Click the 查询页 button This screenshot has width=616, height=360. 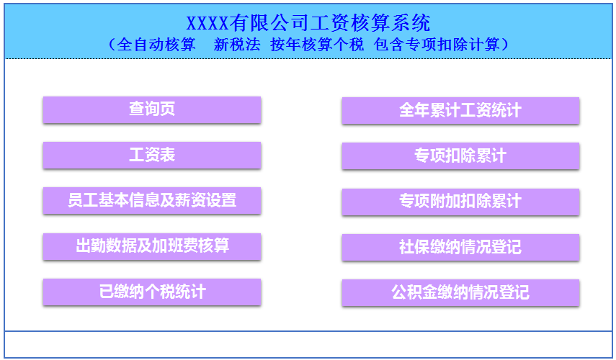pyautogui.click(x=151, y=109)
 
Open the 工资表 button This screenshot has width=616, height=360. pyautogui.click(x=151, y=155)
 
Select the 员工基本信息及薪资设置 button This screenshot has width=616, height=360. pyautogui.click(x=151, y=200)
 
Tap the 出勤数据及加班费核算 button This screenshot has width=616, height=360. pyautogui.click(x=151, y=246)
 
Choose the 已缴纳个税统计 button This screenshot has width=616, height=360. pyautogui.click(x=151, y=292)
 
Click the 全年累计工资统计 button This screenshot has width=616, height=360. pyautogui.click(x=460, y=110)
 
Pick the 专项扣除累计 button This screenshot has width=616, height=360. pyautogui.click(x=460, y=156)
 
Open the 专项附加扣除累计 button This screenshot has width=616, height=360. pyautogui.click(x=460, y=201)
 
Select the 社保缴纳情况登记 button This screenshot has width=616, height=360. pyautogui.click(x=460, y=247)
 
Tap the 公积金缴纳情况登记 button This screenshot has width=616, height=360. pyautogui.click(x=460, y=292)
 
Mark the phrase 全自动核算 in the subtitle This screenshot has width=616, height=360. pyautogui.click(x=157, y=45)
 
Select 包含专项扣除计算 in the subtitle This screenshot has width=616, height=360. pyautogui.click(x=437, y=45)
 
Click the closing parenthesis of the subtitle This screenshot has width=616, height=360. pyautogui.click(x=506, y=45)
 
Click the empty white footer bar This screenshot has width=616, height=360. pyautogui.click(x=308, y=344)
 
